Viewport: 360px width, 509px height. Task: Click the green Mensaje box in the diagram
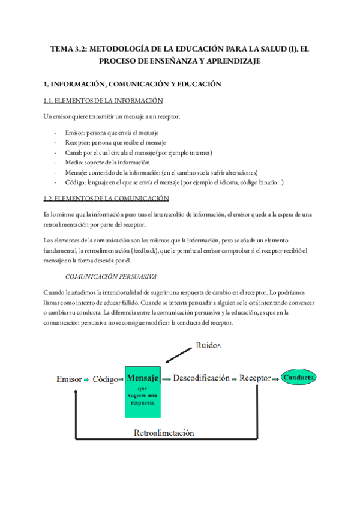click(x=143, y=391)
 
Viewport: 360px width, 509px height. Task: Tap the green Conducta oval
click(x=299, y=379)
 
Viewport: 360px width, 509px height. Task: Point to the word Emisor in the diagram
click(x=68, y=379)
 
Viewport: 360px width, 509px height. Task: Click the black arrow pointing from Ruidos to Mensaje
click(x=179, y=355)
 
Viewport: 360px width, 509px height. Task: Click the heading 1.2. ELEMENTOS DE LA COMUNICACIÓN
click(x=106, y=198)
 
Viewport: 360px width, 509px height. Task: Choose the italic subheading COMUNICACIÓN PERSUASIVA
click(x=111, y=277)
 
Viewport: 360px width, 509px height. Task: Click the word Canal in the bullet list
click(x=74, y=152)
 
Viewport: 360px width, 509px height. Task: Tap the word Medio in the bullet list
click(x=74, y=162)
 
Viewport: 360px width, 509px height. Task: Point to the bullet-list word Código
click(x=76, y=182)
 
